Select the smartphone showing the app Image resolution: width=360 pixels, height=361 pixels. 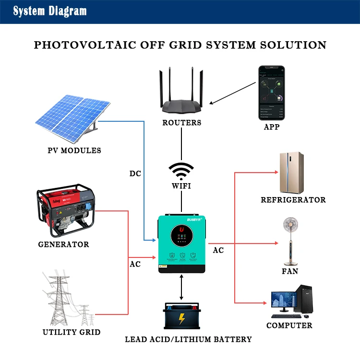point(272,93)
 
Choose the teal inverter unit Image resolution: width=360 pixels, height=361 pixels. point(181,244)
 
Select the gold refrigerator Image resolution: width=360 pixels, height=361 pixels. point(291,172)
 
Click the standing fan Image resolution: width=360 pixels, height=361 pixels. point(290,240)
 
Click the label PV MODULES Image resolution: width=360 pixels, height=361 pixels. point(74,151)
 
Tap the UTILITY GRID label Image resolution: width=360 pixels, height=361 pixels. point(72,332)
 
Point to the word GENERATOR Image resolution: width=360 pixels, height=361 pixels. point(63,245)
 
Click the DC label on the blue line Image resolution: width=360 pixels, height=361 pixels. point(135,174)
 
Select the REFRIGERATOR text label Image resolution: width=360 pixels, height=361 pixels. point(293,200)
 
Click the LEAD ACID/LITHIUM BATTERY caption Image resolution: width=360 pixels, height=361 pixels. point(188,339)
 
